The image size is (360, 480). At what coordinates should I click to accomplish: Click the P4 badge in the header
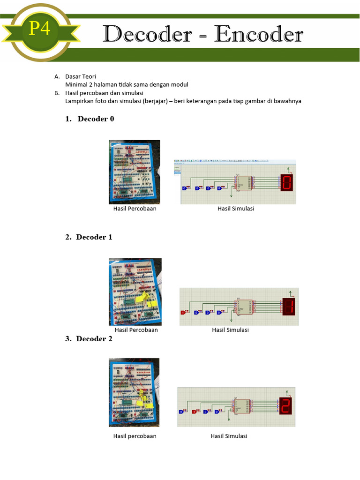point(40,29)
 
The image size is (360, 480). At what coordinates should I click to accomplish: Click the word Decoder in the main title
point(147,35)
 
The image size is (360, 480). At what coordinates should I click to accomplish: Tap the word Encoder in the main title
point(259,35)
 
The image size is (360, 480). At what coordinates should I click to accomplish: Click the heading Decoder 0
point(96,119)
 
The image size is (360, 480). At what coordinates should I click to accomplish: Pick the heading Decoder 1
point(94,237)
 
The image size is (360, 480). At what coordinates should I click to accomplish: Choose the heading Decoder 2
point(94,339)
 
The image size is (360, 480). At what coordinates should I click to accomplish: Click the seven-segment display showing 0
point(287,182)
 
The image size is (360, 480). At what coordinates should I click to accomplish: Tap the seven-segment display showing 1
point(289,307)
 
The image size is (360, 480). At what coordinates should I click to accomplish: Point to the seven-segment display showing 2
point(285,406)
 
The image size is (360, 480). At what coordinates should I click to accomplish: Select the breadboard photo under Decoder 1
point(135,292)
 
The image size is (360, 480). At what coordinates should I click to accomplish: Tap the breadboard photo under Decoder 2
point(134,392)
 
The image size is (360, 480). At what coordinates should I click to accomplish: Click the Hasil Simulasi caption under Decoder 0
point(235,209)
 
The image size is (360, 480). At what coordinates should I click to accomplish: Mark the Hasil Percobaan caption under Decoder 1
point(136,330)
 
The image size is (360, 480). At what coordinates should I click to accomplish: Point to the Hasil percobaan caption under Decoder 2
point(135,436)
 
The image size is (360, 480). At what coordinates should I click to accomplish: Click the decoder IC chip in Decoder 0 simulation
point(244,183)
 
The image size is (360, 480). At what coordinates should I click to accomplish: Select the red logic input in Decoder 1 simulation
point(183,313)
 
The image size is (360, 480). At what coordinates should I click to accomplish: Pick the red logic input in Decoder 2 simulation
point(195,412)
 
